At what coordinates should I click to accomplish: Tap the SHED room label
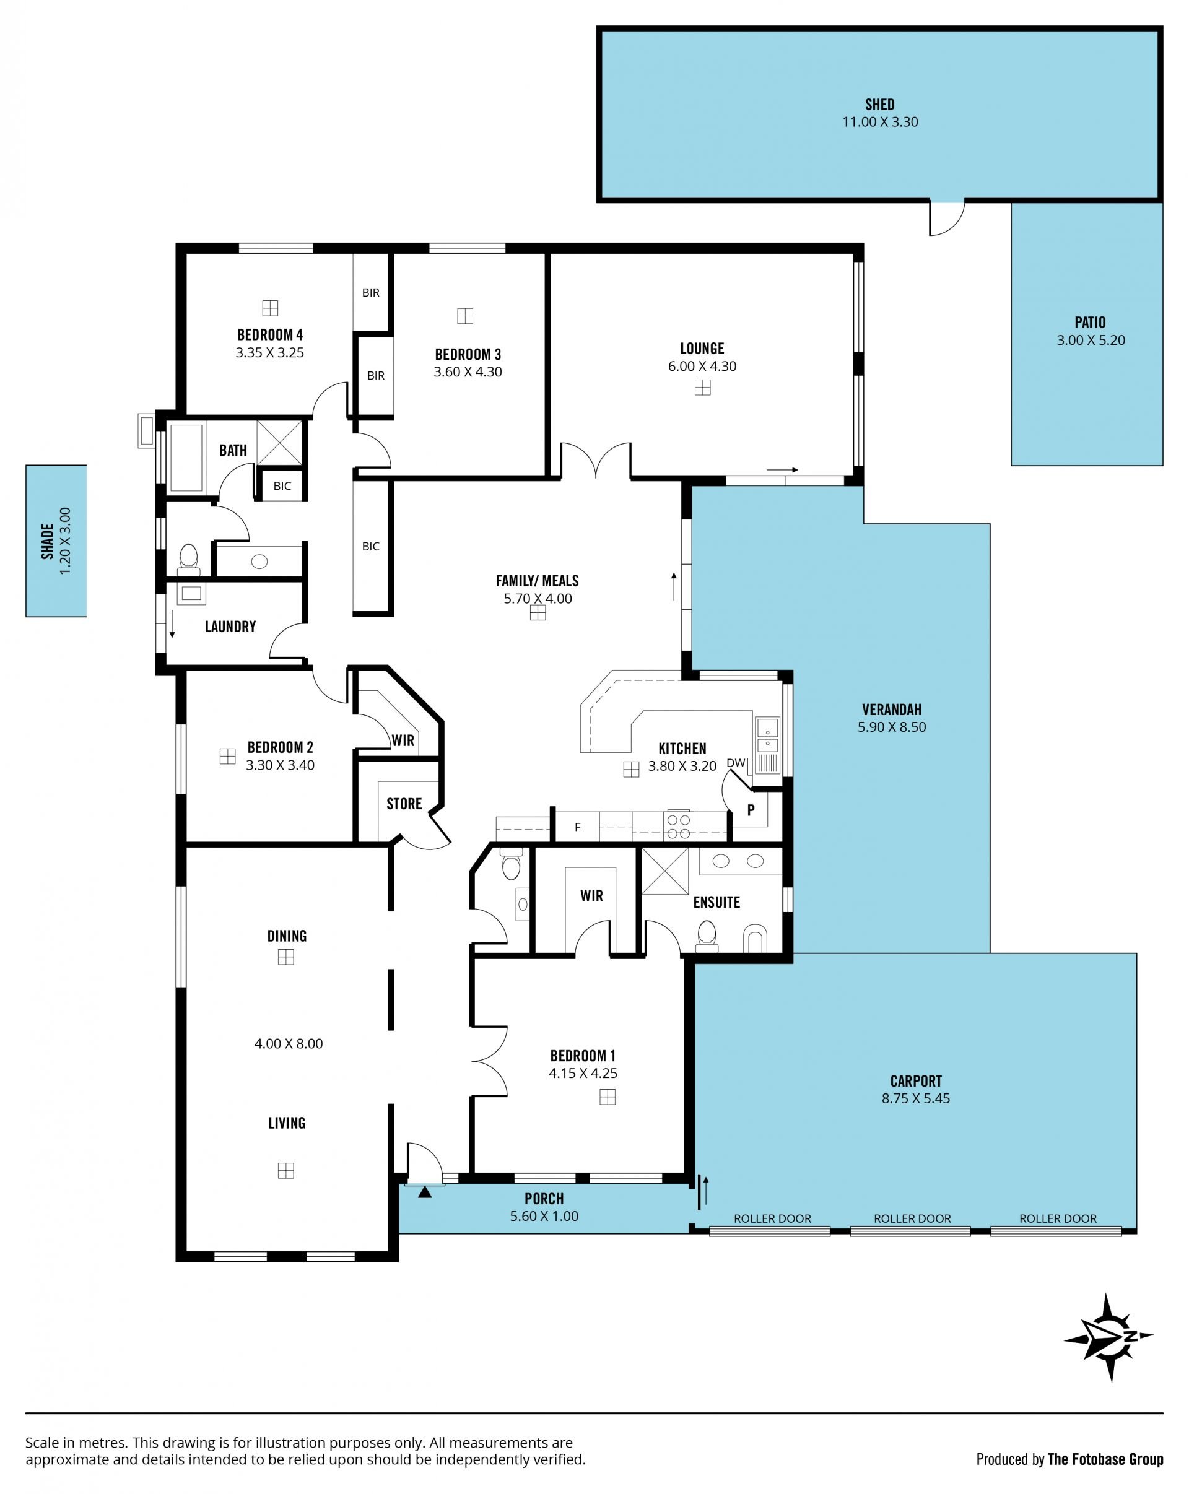point(879,105)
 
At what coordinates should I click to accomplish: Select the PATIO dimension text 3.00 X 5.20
point(1091,341)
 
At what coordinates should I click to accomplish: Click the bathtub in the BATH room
point(186,458)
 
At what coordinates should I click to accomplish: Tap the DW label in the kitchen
point(735,763)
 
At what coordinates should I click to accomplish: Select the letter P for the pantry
point(751,809)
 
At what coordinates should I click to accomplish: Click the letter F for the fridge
point(577,827)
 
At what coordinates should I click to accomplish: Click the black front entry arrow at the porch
point(425,1192)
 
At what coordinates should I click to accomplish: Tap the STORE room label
point(404,804)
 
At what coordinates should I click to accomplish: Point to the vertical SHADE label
point(47,541)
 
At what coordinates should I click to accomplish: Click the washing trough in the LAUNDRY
point(191,593)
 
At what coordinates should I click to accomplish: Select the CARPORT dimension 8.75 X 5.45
point(915,1098)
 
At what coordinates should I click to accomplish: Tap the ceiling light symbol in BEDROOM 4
point(269,308)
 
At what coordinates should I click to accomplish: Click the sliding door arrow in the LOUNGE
point(782,470)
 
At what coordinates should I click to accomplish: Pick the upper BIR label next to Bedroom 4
point(371,292)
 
